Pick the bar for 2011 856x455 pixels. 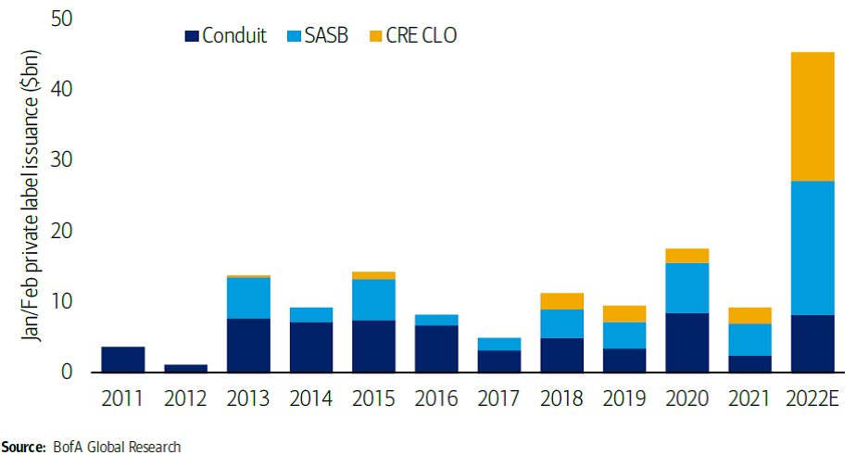(122, 359)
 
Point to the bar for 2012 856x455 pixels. (184, 368)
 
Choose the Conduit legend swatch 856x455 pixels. (192, 36)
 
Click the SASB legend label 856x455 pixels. (324, 36)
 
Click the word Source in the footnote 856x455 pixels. (21, 447)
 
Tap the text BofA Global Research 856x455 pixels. (116, 447)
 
